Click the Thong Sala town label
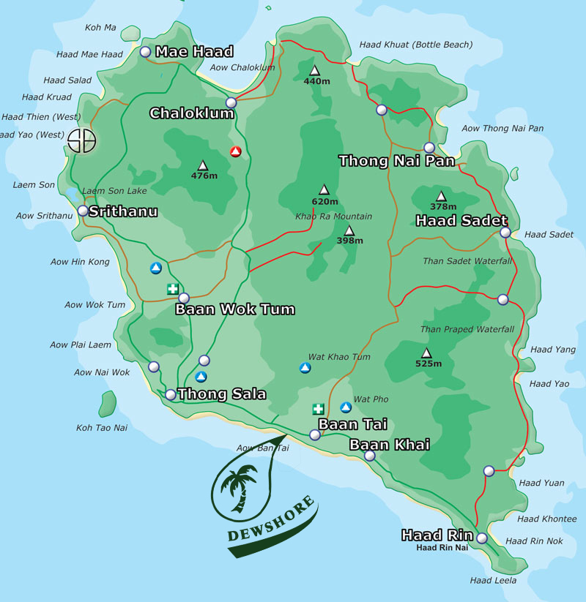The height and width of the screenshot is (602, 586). (222, 394)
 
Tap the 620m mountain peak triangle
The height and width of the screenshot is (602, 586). (324, 189)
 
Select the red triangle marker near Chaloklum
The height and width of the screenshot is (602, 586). (236, 151)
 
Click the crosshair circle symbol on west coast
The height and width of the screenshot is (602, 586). (81, 140)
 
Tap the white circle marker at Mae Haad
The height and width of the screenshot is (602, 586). (145, 52)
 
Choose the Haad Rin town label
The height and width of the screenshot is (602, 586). (437, 535)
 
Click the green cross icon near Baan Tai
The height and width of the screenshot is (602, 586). (318, 409)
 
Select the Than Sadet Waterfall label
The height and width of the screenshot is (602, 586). (467, 261)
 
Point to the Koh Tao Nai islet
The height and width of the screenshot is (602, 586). (108, 404)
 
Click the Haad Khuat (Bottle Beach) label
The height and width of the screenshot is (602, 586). (415, 45)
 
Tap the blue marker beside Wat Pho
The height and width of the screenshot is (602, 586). (346, 407)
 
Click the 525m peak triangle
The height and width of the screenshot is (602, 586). (426, 352)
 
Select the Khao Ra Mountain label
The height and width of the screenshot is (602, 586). (333, 217)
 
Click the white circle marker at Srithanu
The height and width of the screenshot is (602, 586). (83, 211)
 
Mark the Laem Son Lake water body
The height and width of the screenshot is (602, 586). (73, 195)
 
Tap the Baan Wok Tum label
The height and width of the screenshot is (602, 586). (234, 309)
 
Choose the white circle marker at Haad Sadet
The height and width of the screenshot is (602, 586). (505, 233)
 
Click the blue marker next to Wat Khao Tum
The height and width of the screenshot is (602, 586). (305, 366)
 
